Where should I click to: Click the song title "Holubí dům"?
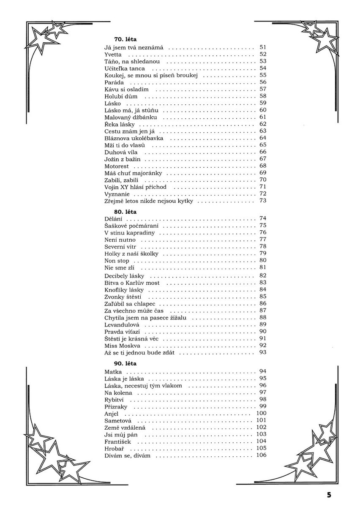click(121, 96)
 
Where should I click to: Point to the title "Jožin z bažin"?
click(123, 159)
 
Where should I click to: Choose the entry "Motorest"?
click(117, 166)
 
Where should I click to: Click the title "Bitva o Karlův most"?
click(132, 283)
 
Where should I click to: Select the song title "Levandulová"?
click(122, 324)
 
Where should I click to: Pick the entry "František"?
click(118, 441)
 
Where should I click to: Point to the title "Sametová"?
click(118, 420)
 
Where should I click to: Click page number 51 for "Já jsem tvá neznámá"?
click(263, 47)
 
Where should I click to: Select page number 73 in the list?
click(263, 201)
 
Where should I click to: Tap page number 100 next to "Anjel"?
click(261, 413)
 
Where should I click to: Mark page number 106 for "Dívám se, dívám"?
click(261, 455)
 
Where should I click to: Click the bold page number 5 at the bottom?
click(329, 495)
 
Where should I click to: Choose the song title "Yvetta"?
click(113, 55)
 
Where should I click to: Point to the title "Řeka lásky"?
click(120, 124)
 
